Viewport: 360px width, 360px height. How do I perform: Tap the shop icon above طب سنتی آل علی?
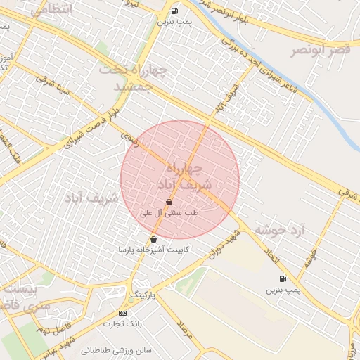169,202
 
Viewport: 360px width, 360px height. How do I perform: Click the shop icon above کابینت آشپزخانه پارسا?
153,240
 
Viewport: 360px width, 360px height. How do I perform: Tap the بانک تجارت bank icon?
123,313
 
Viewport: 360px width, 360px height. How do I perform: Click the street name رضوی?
127,132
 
